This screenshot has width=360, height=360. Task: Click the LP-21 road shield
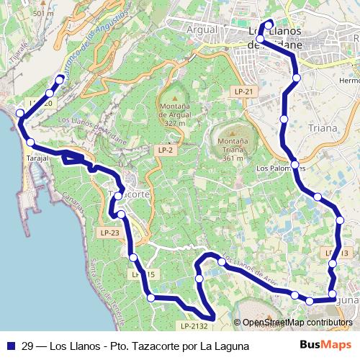click(x=243, y=91)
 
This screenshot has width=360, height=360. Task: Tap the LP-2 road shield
click(x=165, y=150)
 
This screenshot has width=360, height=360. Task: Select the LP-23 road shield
click(x=109, y=233)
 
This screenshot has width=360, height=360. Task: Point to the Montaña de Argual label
click(x=174, y=114)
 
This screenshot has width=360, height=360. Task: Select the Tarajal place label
click(x=37, y=157)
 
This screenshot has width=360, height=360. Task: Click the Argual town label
click(x=201, y=30)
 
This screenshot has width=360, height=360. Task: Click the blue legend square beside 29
click(x=11, y=346)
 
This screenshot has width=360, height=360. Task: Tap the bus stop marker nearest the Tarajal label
click(x=30, y=142)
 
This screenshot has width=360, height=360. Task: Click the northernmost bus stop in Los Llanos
click(x=269, y=25)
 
